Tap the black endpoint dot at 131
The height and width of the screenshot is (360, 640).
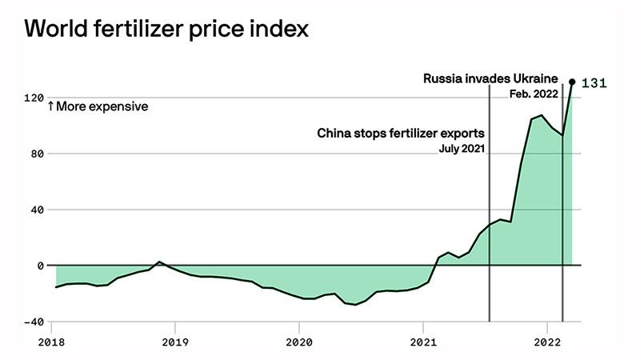click(572, 82)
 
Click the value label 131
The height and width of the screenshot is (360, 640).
click(594, 83)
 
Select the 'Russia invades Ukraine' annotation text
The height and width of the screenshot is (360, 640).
click(490, 78)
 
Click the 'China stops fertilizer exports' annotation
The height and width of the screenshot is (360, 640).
click(402, 132)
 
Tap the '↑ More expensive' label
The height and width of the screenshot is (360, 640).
click(97, 106)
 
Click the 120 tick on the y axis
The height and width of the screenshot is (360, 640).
click(34, 98)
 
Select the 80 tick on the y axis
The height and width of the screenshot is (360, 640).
click(37, 154)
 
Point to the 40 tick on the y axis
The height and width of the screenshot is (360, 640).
click(37, 210)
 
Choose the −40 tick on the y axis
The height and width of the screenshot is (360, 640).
click(34, 322)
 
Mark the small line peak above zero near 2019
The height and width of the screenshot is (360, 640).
click(159, 262)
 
